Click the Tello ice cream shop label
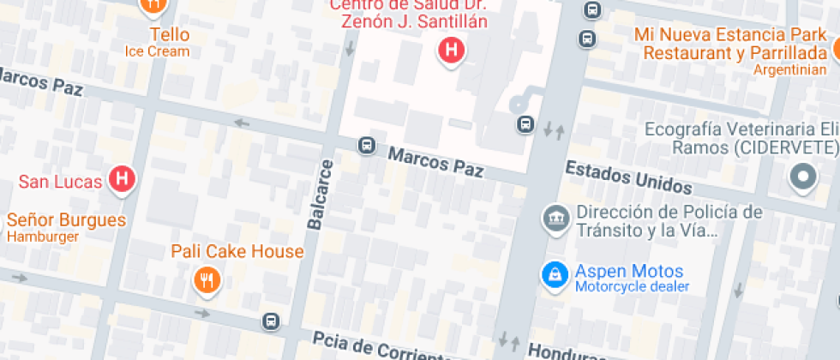pos(169,35)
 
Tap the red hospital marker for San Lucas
pos(123,180)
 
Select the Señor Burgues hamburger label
pos(66,219)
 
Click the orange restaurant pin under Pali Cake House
pos(207,279)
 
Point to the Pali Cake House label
pos(237,251)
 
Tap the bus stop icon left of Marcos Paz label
pos(367,146)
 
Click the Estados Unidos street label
pos(628,177)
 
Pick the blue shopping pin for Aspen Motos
pos(555,274)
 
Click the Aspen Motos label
pos(629,271)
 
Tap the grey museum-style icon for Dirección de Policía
pos(555,217)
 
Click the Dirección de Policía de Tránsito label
pos(669,220)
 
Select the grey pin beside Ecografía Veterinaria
pos(803,177)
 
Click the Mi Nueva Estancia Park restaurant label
pos(732,44)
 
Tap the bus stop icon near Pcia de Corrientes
pos(271,321)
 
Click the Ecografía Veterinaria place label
pos(741,138)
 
